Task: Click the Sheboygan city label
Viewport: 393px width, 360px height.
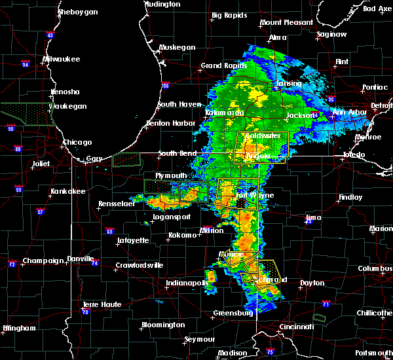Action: pyautogui.click(x=78, y=12)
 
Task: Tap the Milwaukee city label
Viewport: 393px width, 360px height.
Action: pyautogui.click(x=61, y=59)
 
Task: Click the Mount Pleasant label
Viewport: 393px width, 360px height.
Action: pyautogui.click(x=286, y=22)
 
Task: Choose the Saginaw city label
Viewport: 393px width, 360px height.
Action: pyautogui.click(x=331, y=33)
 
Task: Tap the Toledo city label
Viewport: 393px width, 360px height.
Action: pyautogui.click(x=356, y=156)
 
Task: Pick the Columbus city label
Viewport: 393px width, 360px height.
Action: pyautogui.click(x=375, y=269)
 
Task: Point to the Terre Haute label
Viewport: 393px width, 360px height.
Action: pyautogui.click(x=102, y=305)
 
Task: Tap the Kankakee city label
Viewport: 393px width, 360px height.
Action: pyautogui.click(x=68, y=192)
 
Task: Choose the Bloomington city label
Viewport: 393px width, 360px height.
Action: pyautogui.click(x=162, y=325)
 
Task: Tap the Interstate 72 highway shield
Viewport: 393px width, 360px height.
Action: pyautogui.click(x=12, y=264)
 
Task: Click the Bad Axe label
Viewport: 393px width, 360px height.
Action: pyautogui.click(x=377, y=9)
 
